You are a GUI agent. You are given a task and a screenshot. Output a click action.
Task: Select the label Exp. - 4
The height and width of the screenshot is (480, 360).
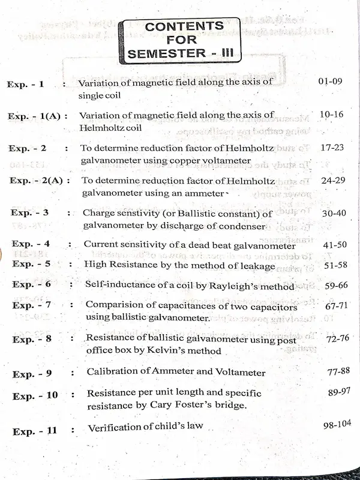click(31, 245)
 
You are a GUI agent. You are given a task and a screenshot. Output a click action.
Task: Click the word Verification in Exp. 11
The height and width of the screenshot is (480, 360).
click(114, 428)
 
